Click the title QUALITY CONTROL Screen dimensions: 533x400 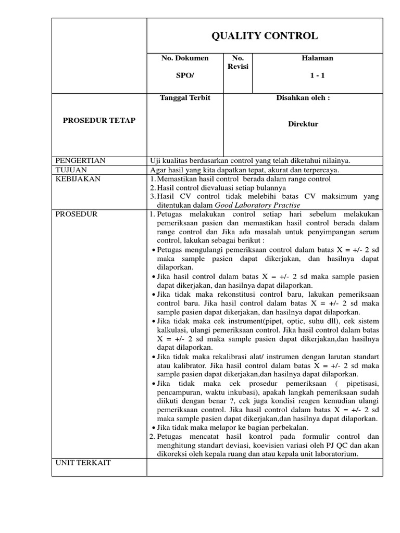(264, 36)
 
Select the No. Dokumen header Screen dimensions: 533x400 (185, 58)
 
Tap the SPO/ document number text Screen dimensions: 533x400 (185, 75)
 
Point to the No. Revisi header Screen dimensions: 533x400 (238, 62)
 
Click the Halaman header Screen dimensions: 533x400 (317, 58)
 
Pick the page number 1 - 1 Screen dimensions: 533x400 (317, 75)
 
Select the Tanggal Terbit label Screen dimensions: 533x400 (185, 98)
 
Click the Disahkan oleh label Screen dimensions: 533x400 (303, 98)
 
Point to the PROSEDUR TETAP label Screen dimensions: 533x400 (99, 120)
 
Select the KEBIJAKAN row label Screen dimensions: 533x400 (78, 179)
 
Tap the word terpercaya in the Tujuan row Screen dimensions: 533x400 (321, 170)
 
